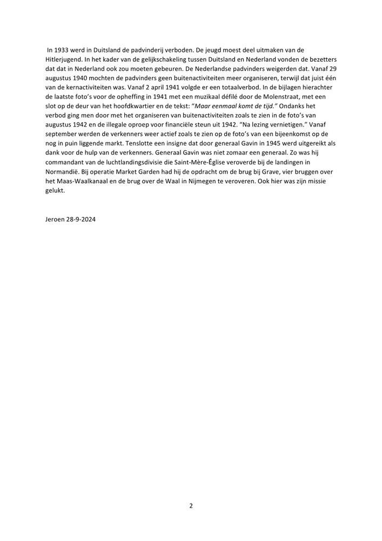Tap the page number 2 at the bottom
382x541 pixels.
(191, 506)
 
